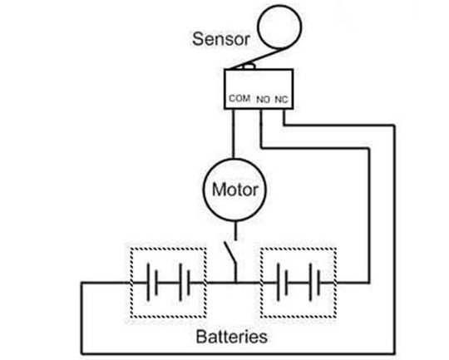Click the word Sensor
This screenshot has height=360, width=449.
tap(221, 39)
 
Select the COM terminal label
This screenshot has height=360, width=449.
tap(239, 98)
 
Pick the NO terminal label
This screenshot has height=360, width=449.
tap(263, 100)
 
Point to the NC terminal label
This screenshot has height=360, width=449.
tap(281, 100)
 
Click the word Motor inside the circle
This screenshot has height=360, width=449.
tap(234, 190)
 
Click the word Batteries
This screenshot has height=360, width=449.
tap(232, 337)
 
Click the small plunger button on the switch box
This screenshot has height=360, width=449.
tap(249, 67)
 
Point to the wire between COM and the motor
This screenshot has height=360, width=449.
tap(233, 134)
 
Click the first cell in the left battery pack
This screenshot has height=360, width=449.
tap(152, 283)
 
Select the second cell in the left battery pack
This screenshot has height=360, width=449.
tap(184, 283)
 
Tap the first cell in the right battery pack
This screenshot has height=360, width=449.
tap(282, 283)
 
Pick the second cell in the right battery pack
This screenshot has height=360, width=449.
tap(314, 283)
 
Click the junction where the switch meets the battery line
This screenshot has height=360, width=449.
tap(236, 283)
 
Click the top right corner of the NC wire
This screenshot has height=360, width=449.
tap(395, 126)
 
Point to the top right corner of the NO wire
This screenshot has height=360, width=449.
tap(369, 148)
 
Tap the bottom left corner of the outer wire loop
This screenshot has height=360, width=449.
tap(81, 353)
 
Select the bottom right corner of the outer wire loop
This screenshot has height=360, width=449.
tap(395, 353)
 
